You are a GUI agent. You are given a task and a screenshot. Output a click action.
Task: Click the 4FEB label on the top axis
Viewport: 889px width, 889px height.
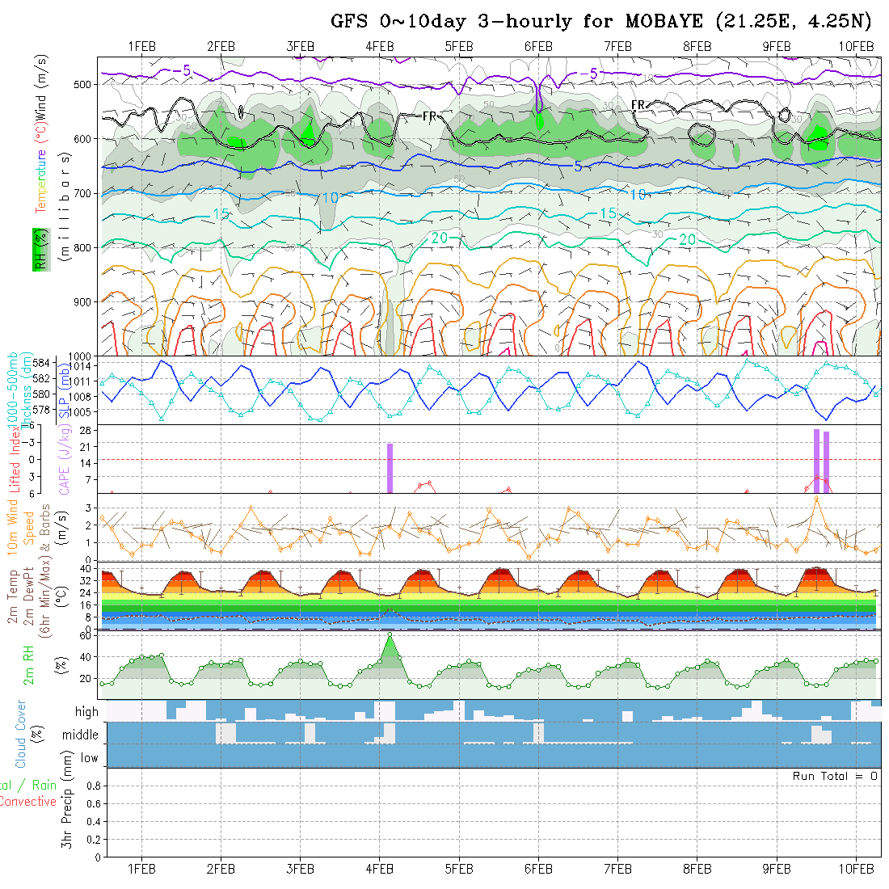379,46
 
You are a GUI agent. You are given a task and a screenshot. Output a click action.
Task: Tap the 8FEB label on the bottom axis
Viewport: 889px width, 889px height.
696,869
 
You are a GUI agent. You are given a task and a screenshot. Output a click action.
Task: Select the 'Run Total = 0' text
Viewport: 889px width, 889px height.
835,776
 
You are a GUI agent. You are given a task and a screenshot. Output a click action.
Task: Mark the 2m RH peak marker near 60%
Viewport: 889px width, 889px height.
390,634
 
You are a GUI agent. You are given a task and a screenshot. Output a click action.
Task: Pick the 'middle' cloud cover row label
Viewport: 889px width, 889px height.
80,735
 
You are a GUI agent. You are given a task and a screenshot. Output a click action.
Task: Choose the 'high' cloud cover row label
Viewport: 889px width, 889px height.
86,712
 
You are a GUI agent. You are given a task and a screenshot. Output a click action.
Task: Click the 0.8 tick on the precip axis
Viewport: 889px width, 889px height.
91,786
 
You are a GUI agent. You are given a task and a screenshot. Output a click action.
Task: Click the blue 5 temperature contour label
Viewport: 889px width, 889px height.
578,166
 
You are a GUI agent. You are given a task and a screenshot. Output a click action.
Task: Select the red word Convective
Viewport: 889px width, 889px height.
27,802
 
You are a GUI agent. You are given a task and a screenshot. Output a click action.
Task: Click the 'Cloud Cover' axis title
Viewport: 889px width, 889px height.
21,733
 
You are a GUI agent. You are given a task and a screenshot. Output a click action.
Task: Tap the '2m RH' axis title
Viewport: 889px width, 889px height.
29,664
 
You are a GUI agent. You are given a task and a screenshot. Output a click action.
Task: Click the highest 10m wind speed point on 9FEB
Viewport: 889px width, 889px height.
817,498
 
